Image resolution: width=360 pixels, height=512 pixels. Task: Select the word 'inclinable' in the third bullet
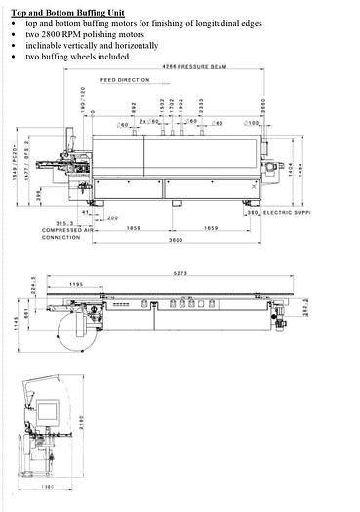[46, 44]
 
